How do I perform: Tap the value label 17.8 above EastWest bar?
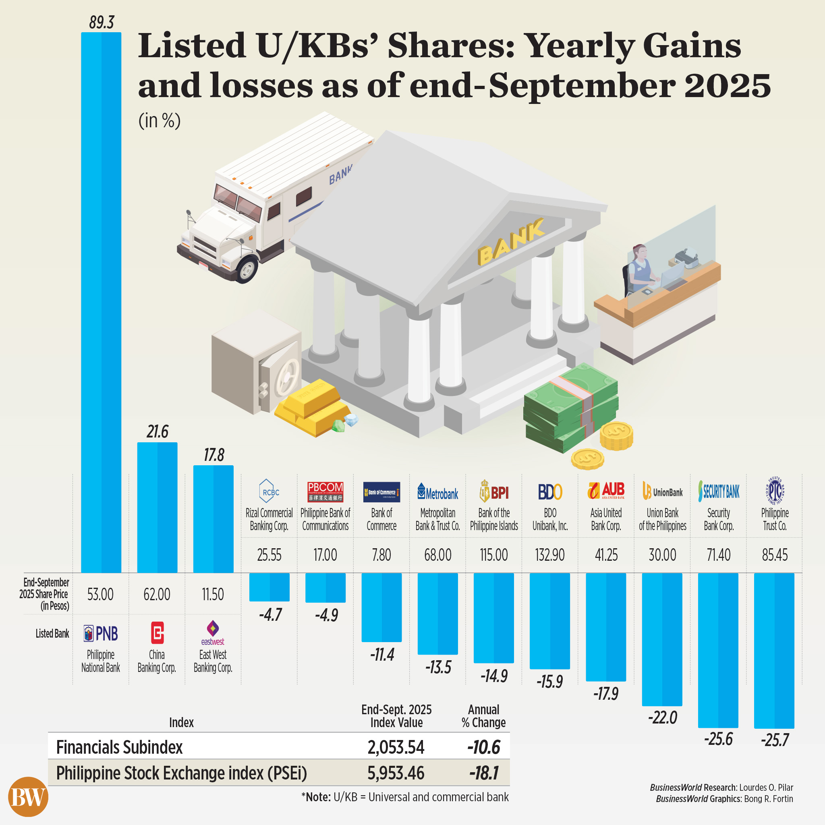214,455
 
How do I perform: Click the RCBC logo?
269,491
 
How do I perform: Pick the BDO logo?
550,492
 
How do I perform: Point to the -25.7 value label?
775,740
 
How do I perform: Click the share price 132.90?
550,555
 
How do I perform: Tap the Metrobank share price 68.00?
438,555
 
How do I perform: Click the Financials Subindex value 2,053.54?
396,747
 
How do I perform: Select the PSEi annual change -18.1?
484,773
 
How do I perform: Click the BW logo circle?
28,797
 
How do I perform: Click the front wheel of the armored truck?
247,269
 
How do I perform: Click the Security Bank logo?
719,491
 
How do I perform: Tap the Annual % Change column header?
483,716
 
